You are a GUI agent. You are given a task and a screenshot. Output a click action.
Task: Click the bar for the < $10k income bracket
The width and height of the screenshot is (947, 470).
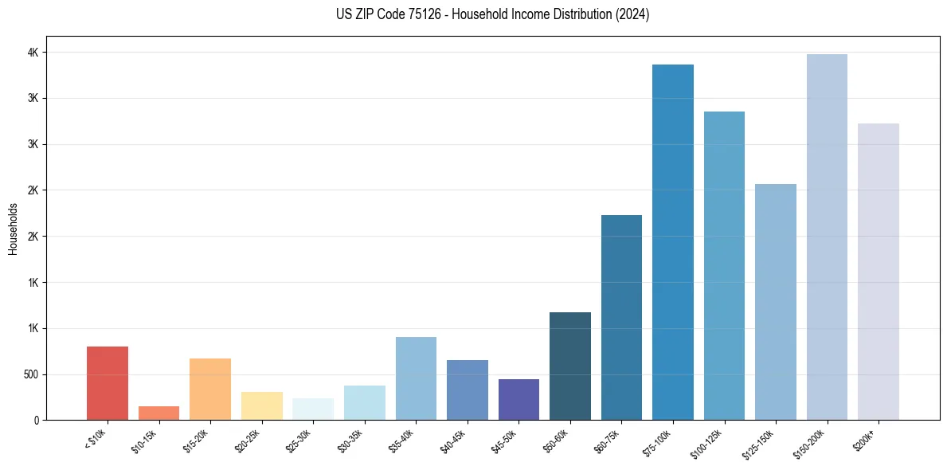108,383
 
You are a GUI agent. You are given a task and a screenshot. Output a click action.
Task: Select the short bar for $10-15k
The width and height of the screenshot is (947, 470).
158,413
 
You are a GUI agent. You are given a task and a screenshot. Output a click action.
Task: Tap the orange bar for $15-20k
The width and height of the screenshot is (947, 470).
210,389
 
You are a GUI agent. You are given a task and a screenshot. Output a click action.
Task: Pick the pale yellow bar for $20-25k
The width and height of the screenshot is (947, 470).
261,405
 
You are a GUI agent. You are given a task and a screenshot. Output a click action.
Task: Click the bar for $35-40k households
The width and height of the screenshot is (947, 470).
416,378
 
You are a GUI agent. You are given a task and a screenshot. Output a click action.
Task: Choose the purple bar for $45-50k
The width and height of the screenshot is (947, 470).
519,399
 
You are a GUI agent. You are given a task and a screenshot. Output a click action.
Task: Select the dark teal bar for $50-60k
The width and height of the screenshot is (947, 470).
570,366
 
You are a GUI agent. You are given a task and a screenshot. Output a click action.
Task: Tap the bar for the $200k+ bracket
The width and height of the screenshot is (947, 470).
879,272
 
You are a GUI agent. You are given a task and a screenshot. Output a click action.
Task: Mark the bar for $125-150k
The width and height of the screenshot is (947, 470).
776,302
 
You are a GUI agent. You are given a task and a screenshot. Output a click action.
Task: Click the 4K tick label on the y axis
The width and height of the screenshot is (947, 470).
33,53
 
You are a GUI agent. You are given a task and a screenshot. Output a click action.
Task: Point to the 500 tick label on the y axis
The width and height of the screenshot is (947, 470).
29,374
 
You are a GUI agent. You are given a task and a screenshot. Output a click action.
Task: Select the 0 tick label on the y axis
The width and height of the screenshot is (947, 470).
36,421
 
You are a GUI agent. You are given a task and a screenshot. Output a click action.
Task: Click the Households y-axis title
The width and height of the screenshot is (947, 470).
14,229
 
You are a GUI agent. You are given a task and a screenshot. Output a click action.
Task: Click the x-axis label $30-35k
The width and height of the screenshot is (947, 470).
350,440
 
